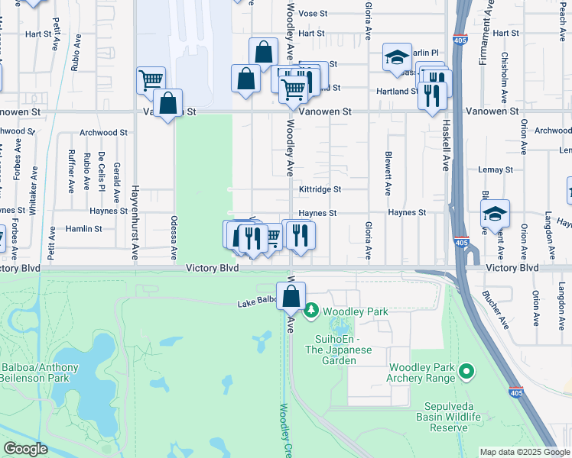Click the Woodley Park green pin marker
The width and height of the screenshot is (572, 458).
click(x=311, y=311)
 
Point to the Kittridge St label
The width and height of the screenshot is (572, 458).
click(x=320, y=189)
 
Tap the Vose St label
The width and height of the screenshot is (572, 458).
click(x=313, y=14)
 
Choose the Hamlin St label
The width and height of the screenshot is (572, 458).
click(x=83, y=228)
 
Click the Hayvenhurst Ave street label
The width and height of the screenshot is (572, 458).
click(x=135, y=221)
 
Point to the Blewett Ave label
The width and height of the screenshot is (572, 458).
click(x=388, y=174)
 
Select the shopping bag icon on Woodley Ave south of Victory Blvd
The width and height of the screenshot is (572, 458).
click(x=291, y=297)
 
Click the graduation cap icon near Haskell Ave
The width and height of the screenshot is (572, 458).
click(x=397, y=58)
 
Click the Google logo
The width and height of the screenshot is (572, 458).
click(x=24, y=449)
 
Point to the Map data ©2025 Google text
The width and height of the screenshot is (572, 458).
click(x=524, y=452)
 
